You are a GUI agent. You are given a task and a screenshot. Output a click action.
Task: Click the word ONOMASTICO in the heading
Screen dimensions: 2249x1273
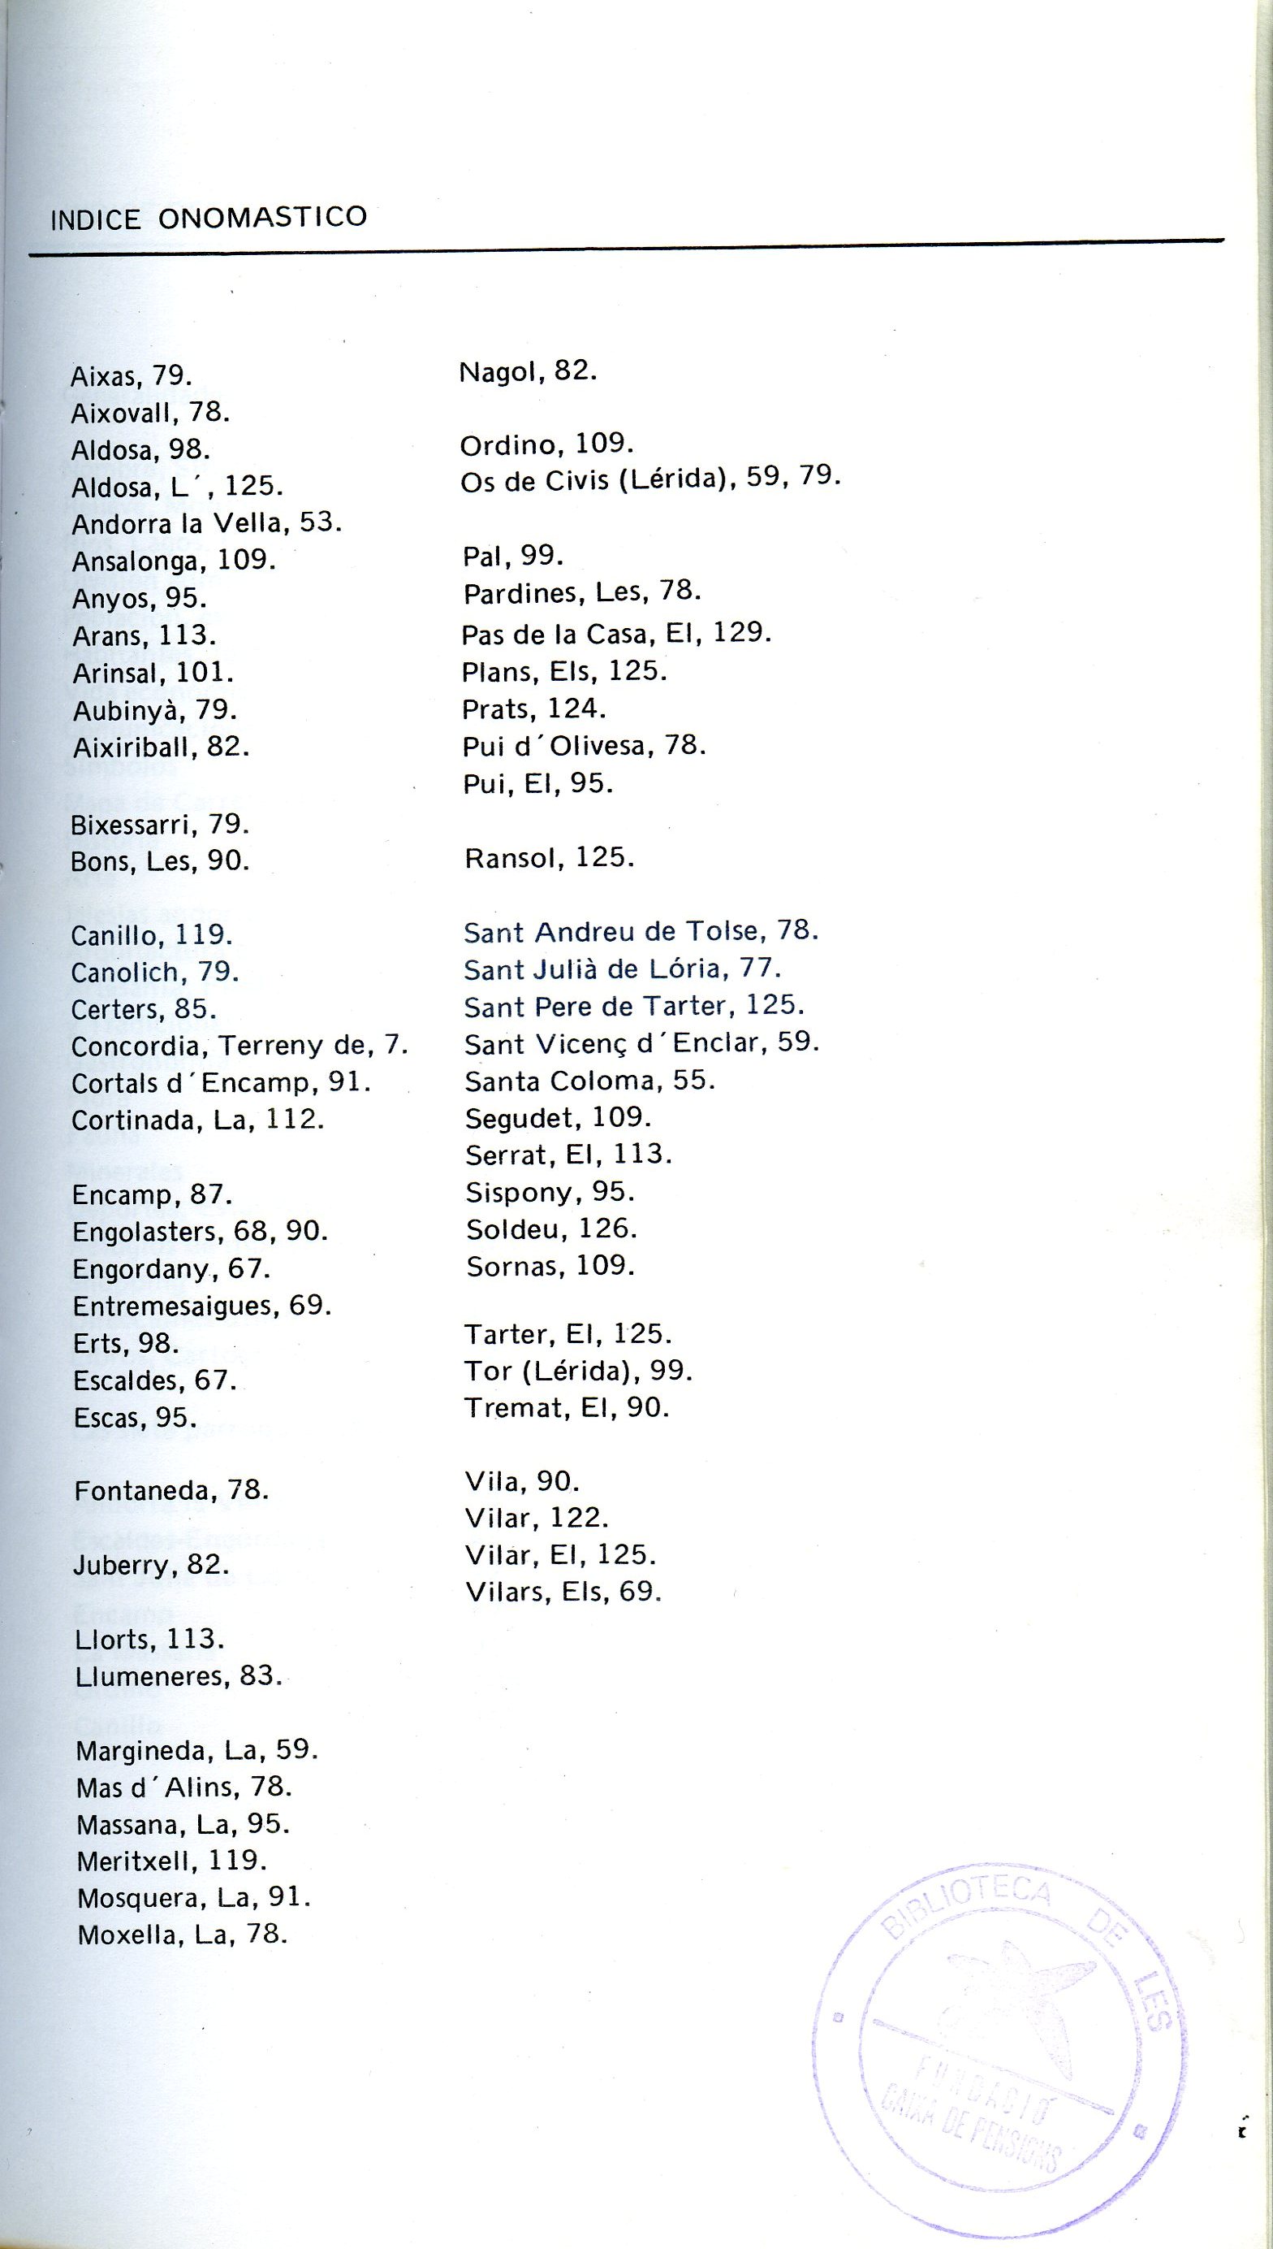point(262,217)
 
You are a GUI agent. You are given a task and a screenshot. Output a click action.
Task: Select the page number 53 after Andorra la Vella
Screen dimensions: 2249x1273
point(317,522)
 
